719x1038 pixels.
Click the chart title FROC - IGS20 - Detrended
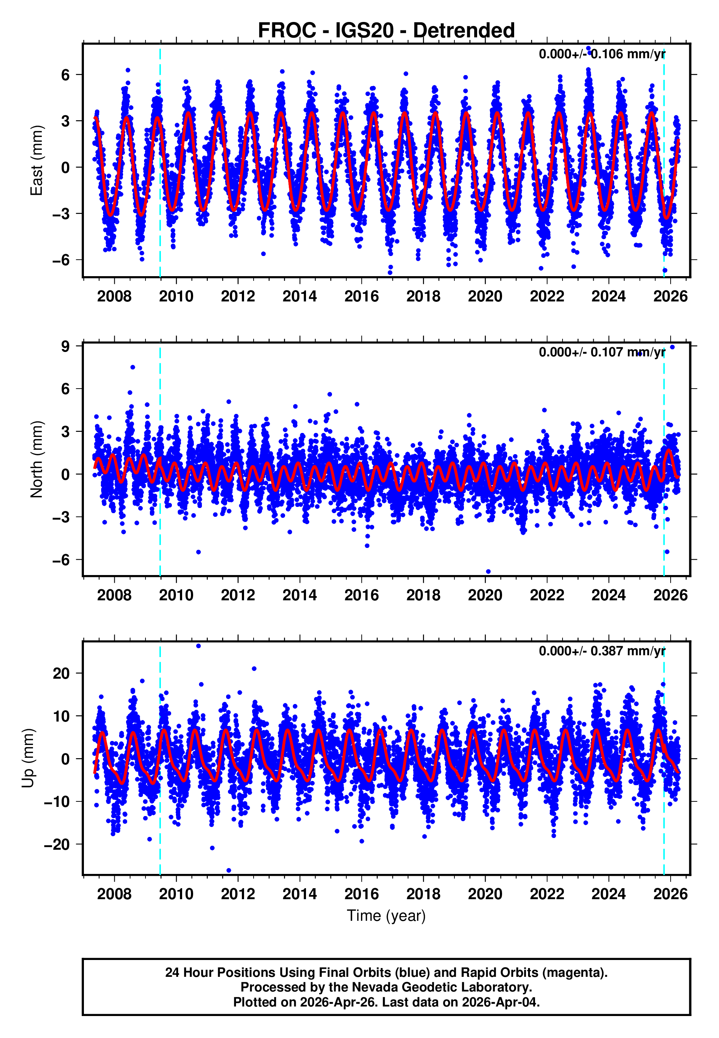click(386, 31)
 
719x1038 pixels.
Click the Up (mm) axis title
click(28, 758)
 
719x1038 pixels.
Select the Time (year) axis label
click(386, 916)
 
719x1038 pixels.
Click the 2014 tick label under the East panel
click(300, 297)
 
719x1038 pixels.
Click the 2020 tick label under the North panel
click(485, 595)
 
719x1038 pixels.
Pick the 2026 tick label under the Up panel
click(670, 894)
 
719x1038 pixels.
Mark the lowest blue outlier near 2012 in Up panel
click(229, 871)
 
